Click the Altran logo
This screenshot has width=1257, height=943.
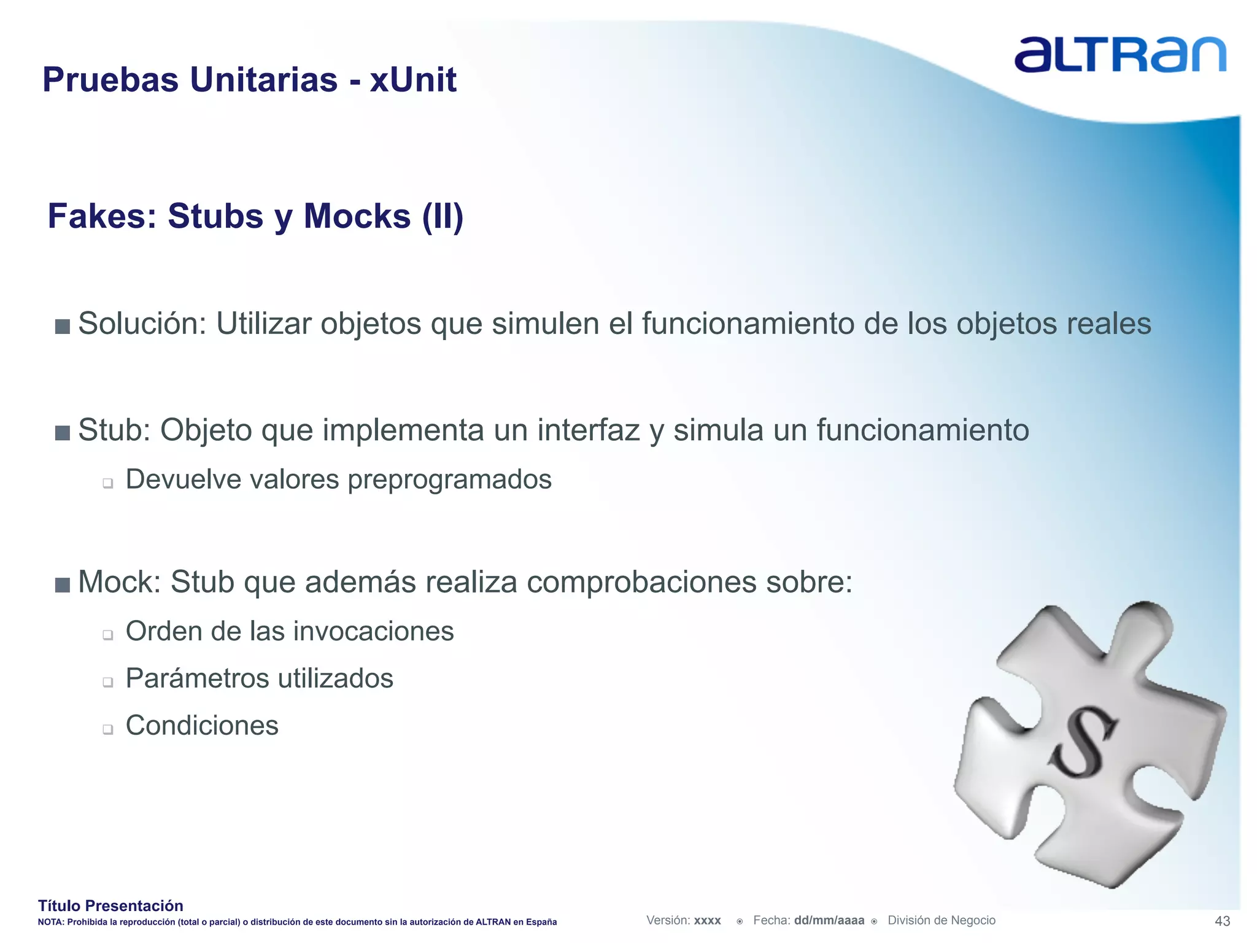tap(1120, 55)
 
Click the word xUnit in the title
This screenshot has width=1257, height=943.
tap(412, 80)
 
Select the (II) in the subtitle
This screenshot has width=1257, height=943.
tap(442, 216)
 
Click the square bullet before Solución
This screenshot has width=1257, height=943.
tap(62, 326)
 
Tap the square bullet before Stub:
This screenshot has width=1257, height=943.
tap(62, 433)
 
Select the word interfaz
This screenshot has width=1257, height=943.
tap(589, 430)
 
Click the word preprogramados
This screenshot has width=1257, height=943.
tap(449, 479)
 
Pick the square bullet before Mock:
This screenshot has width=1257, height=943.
tap(62, 584)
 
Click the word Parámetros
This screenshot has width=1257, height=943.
tap(196, 678)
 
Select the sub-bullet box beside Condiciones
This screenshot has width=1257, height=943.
tap(108, 729)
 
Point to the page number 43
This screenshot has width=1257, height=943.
tap(1222, 921)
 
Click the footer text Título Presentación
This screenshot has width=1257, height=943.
tap(110, 906)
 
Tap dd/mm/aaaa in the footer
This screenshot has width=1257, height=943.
tap(829, 920)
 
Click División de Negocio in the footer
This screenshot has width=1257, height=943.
tap(942, 920)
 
